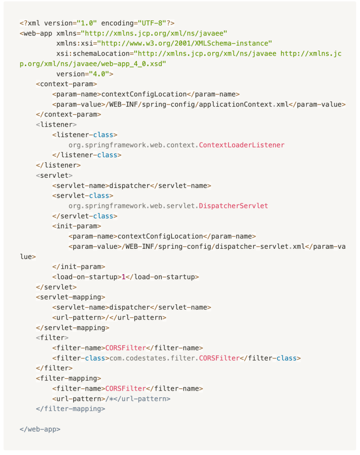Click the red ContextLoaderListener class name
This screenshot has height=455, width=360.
click(x=241, y=145)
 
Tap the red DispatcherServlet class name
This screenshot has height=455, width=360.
click(x=233, y=206)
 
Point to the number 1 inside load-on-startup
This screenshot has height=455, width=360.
click(x=124, y=277)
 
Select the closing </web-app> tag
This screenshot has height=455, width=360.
click(x=40, y=429)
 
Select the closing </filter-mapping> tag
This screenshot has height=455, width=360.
click(x=71, y=409)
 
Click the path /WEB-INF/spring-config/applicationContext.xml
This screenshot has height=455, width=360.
click(x=195, y=104)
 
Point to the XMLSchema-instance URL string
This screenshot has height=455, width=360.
click(x=184, y=43)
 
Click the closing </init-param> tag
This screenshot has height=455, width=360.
click(x=79, y=267)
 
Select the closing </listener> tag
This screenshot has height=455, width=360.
click(x=58, y=165)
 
